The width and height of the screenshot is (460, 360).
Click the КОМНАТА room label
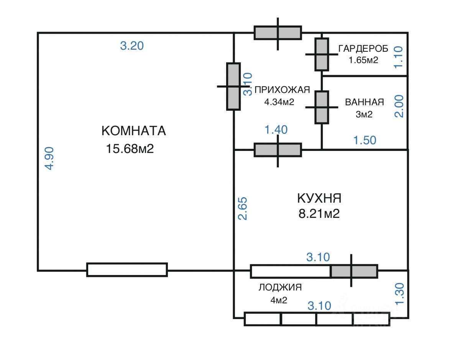133,131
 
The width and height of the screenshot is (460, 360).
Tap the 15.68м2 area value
130,149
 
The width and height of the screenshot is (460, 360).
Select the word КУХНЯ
319,198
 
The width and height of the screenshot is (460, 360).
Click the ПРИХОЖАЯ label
282,90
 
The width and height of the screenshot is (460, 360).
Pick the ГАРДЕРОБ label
363,48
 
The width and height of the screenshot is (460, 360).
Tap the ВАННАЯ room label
364,102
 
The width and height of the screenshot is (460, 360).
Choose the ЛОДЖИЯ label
280,287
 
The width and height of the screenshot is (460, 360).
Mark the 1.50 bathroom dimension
365,140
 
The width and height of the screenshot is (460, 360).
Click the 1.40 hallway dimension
276,130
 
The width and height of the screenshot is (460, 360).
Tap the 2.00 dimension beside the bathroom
399,107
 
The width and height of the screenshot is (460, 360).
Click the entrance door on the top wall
278,33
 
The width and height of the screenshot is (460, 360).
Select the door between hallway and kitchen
278,150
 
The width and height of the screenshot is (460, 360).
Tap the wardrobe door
322,54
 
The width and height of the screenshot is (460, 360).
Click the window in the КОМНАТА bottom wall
127,270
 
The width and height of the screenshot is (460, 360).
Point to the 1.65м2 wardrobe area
363,60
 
